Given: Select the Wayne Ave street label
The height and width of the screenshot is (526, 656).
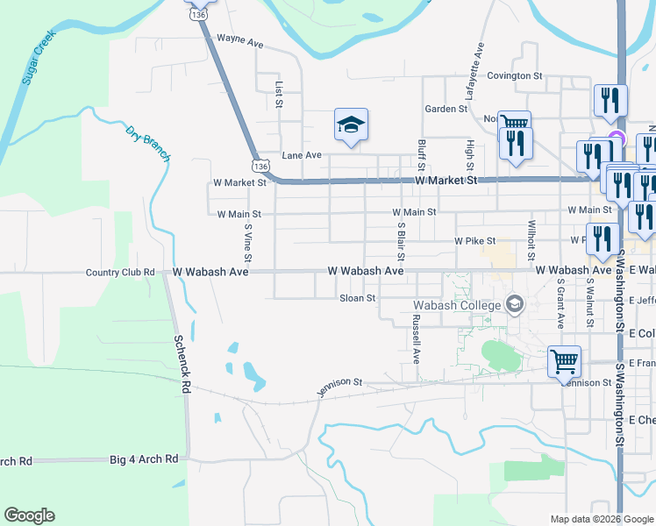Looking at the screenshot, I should (x=240, y=40).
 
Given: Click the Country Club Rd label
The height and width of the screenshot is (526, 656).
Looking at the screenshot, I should (x=120, y=273).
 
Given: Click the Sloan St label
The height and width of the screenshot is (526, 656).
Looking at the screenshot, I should (x=358, y=298).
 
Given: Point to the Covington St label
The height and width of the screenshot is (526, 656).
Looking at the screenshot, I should (x=516, y=76).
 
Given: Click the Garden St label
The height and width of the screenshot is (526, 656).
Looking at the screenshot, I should (x=446, y=109).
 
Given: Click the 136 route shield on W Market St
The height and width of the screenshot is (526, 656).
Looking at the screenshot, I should (x=259, y=165).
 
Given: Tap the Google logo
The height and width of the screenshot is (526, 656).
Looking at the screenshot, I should (x=29, y=515).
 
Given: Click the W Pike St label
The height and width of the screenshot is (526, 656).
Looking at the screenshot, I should (x=474, y=240).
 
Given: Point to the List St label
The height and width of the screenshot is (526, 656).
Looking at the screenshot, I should (x=279, y=96).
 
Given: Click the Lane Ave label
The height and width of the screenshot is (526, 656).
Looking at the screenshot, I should (x=302, y=155).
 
